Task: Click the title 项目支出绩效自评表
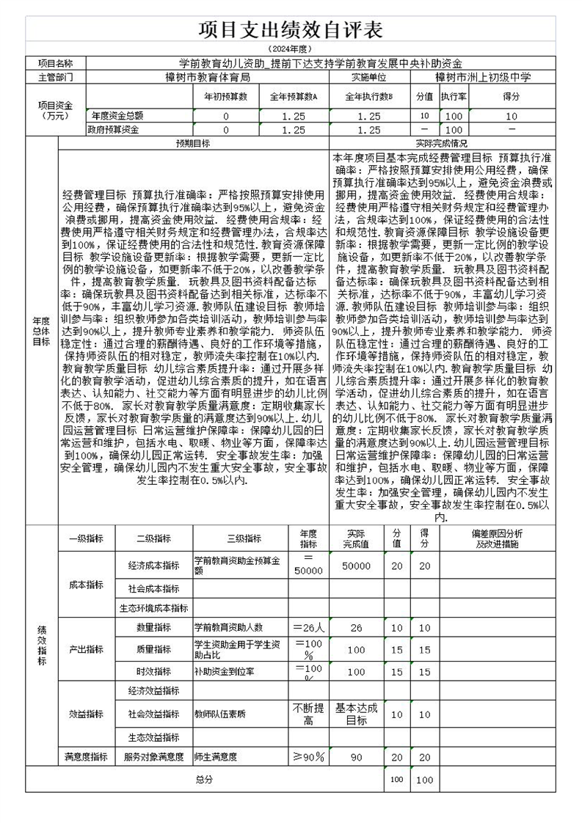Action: pos(291,30)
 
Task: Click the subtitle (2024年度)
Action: pos(291,48)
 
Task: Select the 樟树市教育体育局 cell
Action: pos(207,76)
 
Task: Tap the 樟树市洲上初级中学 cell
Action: pos(482,76)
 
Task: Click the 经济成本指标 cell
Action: pos(153,566)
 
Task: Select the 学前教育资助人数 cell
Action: pos(228,627)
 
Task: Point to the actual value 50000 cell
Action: pos(356,566)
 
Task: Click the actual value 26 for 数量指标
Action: pos(356,628)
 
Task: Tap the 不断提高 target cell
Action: pos(308,714)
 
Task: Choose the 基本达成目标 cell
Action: pos(356,714)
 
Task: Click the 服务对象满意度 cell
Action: pos(153,756)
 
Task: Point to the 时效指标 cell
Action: pos(153,671)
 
